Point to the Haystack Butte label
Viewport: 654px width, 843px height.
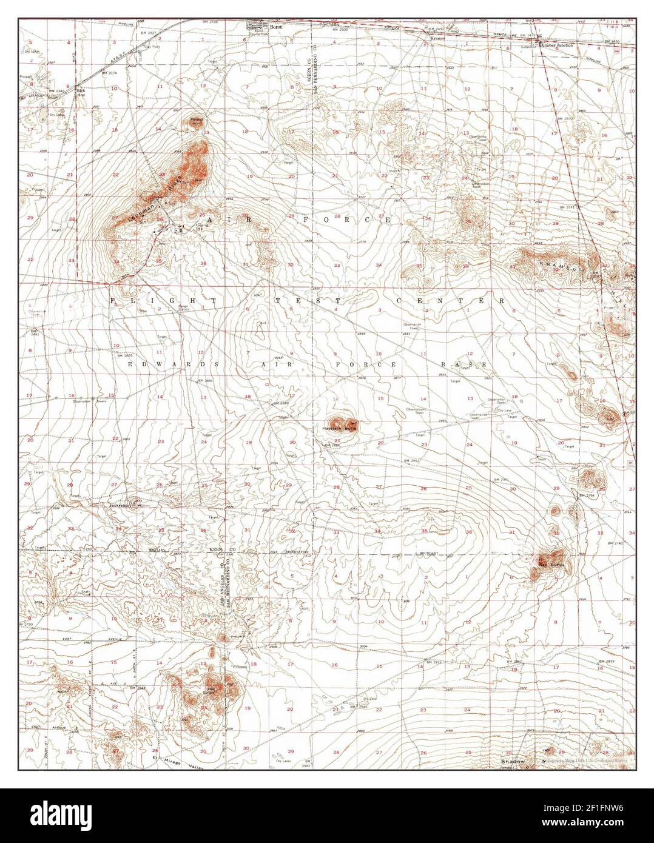[x=340, y=428]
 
